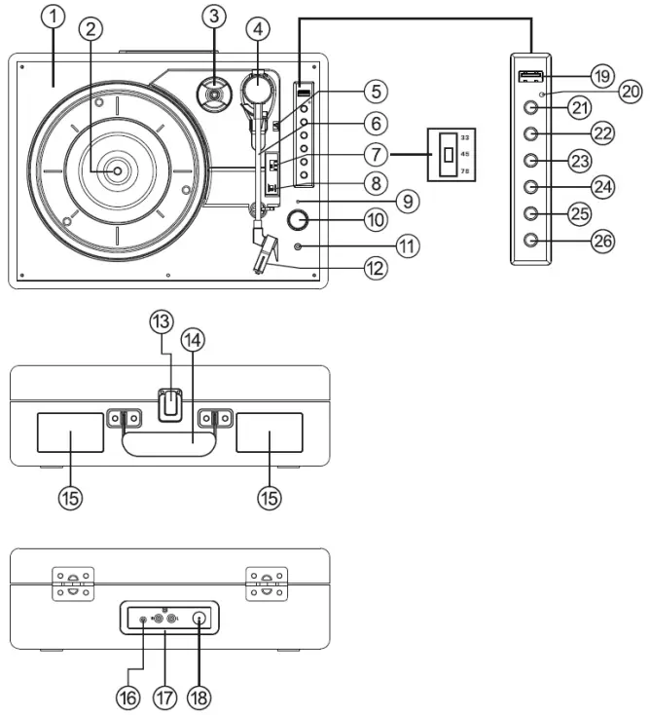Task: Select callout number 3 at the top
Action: click(x=214, y=17)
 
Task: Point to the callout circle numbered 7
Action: click(x=373, y=153)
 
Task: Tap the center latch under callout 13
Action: click(x=171, y=403)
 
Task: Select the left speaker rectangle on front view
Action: click(x=70, y=433)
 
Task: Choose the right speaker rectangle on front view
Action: click(x=269, y=433)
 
